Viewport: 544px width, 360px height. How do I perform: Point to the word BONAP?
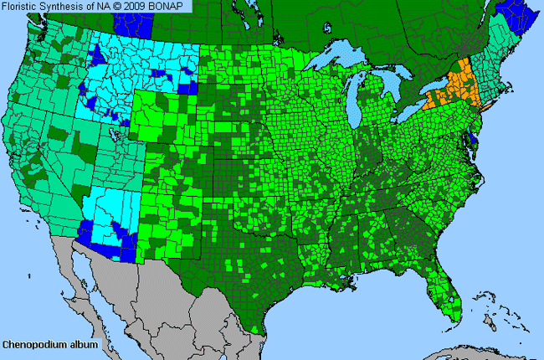coord(173,6)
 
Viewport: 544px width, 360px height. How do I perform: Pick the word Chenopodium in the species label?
coord(32,344)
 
